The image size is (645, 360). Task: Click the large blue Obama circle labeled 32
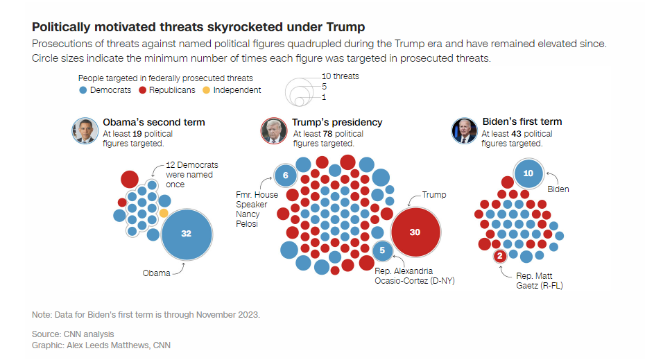[186, 234]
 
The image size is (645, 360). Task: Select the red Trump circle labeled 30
[415, 232]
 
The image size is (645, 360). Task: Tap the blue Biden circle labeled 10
[528, 173]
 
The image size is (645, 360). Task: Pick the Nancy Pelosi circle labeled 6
[285, 175]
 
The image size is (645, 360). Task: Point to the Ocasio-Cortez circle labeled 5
[382, 251]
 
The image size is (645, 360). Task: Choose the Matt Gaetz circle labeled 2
[499, 257]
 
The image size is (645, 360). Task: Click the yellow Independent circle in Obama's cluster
[164, 212]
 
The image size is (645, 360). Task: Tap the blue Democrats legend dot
[83, 90]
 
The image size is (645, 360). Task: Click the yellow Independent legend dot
[206, 90]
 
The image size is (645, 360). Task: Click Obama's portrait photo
[85, 130]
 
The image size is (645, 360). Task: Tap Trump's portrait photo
[274, 130]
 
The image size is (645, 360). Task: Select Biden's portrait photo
[464, 130]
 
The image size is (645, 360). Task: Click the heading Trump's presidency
[337, 122]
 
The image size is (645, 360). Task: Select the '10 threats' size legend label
[341, 76]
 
